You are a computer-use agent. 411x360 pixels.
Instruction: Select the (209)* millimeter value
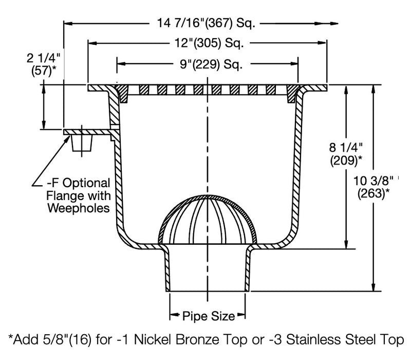point(345,161)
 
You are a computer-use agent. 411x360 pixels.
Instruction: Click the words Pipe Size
point(208,316)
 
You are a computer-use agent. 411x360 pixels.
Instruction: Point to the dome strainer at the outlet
point(208,219)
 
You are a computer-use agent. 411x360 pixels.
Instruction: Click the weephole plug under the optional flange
point(83,143)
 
